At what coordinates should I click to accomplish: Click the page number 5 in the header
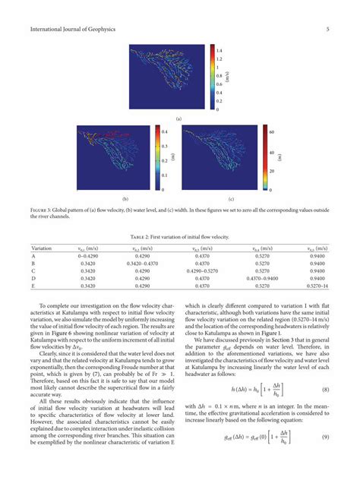[327, 30]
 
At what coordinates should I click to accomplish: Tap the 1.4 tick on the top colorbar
[219, 48]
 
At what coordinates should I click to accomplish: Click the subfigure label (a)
[179, 120]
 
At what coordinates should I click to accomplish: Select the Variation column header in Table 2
[41, 248]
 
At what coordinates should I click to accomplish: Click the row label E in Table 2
[33, 286]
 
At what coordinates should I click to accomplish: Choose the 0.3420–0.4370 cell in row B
[142, 264]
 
